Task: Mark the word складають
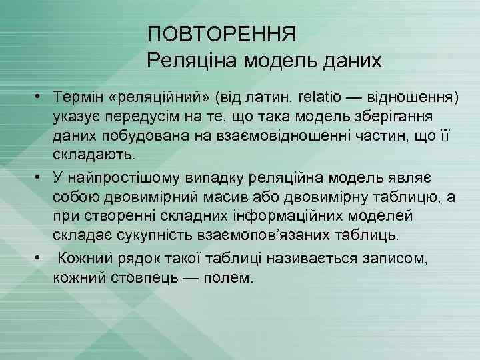[94, 156]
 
